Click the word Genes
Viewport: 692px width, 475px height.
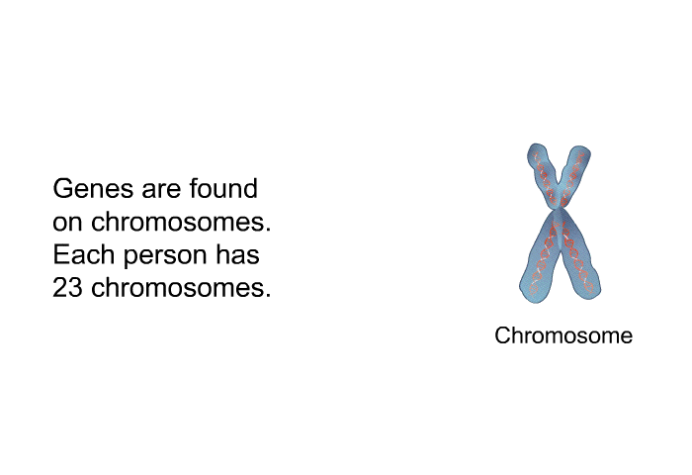tap(93, 189)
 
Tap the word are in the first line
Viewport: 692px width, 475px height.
tap(161, 191)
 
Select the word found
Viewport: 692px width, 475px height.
tap(223, 188)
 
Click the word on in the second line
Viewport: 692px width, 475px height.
tap(67, 224)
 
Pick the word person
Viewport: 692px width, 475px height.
tap(165, 257)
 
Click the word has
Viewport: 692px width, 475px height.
tap(237, 254)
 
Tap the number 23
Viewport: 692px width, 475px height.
tap(67, 288)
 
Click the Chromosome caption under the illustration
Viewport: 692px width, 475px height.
tap(563, 335)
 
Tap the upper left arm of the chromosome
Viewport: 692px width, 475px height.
tap(543, 173)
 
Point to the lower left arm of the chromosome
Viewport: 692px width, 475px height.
tap(541, 260)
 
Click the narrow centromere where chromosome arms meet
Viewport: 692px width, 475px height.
tap(561, 208)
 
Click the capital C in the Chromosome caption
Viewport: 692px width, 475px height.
tap(502, 335)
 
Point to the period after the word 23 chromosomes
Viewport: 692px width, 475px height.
tap(268, 296)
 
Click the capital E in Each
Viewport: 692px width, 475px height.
tap(60, 254)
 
